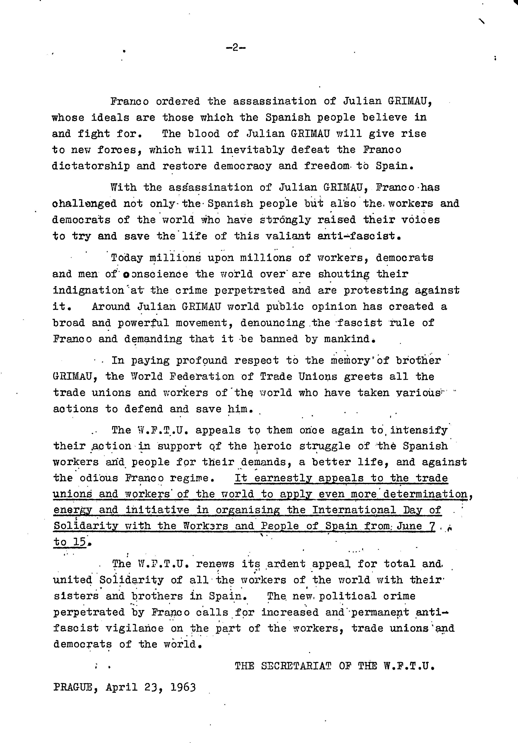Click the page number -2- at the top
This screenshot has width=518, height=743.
point(236,48)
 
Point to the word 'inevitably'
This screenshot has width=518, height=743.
point(252,150)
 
